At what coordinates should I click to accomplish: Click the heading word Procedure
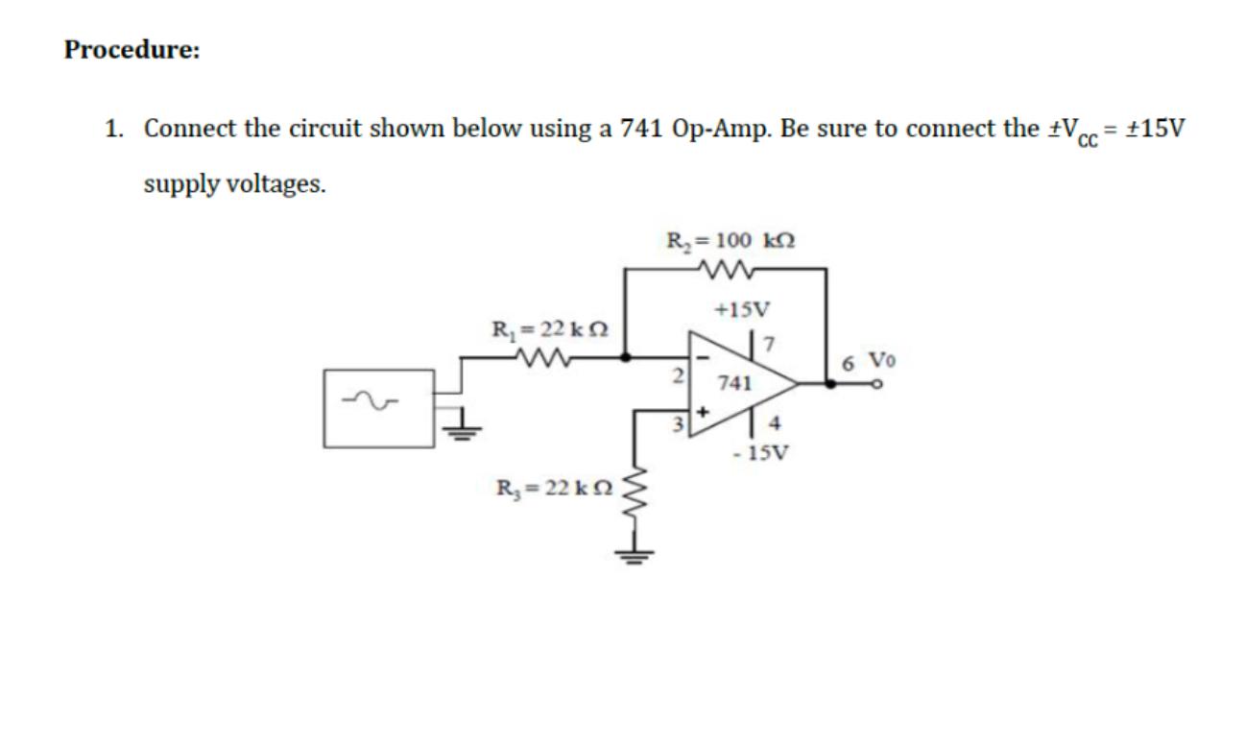(132, 50)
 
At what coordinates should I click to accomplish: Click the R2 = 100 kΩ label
(730, 238)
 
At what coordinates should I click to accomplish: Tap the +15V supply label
(742, 309)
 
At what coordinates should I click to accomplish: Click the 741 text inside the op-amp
(733, 383)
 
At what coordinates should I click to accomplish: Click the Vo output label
(881, 361)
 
